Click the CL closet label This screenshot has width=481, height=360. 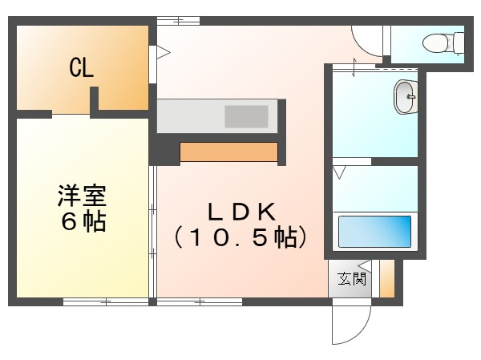pyautogui.click(x=82, y=68)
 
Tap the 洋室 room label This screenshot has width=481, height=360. pyautogui.click(x=82, y=195)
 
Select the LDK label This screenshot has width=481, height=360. pyautogui.click(x=241, y=212)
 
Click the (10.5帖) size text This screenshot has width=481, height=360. pyautogui.click(x=241, y=237)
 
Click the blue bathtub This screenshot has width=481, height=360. pyautogui.click(x=374, y=231)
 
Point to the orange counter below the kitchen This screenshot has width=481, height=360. pyautogui.click(x=228, y=152)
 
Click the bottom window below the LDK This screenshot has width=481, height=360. pyautogui.click(x=199, y=301)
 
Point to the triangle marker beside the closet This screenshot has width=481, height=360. pyautogui.click(x=164, y=53)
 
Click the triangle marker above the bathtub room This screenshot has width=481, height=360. pyautogui.click(x=340, y=172)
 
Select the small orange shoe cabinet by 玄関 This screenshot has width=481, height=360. pyautogui.click(x=387, y=279)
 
